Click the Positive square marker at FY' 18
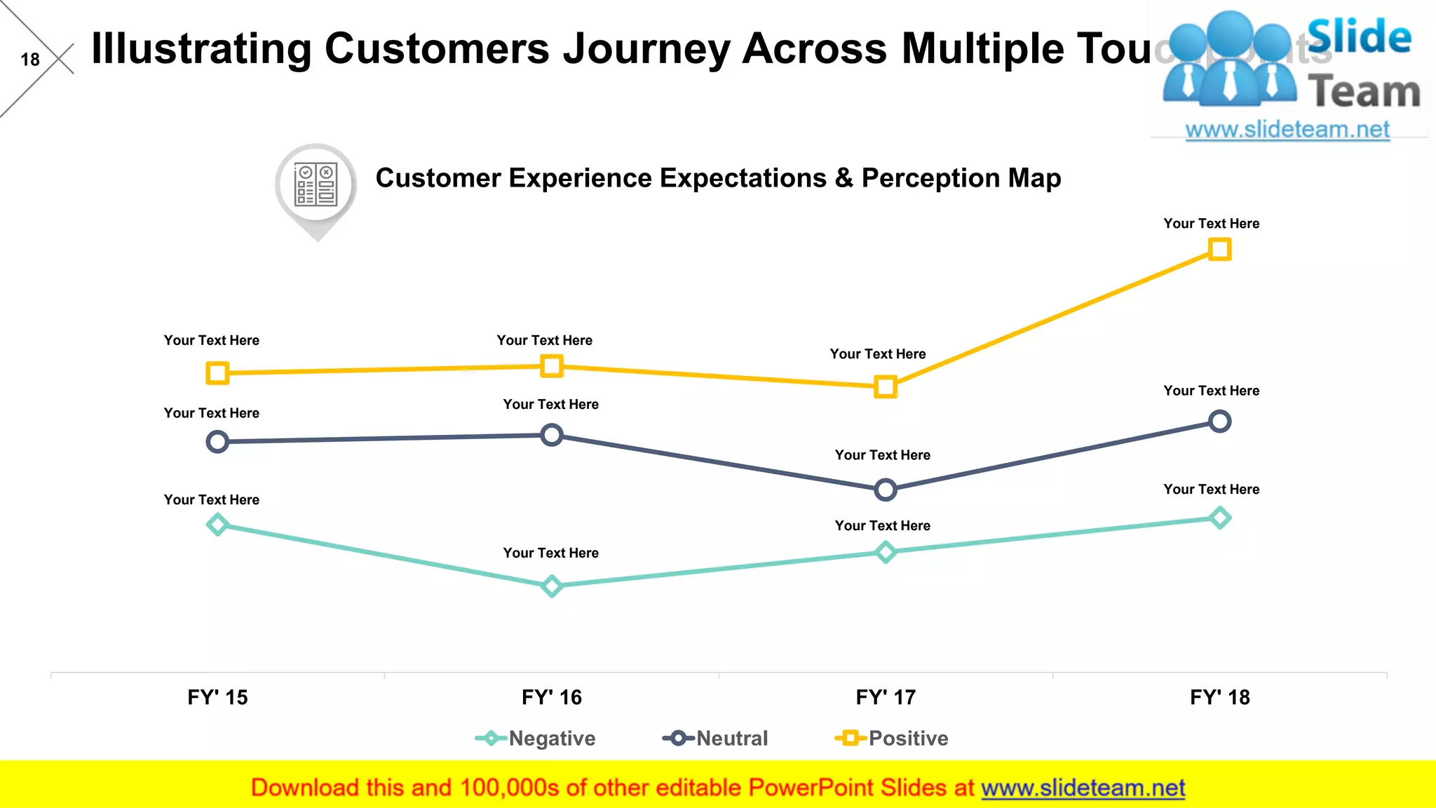[x=1219, y=250]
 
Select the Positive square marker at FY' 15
[x=217, y=372]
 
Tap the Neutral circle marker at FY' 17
[x=886, y=490]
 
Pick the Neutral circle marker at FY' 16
[x=552, y=435]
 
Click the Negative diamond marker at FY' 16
[x=552, y=586]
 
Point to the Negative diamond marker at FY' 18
[x=1220, y=518]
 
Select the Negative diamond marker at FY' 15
[x=217, y=524]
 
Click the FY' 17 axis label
[x=886, y=697]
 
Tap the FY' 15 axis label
[x=217, y=697]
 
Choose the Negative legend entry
[x=536, y=738]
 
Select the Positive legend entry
[x=892, y=738]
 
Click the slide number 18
[x=30, y=60]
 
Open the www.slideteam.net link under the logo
[x=1287, y=130]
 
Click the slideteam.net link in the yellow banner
[x=1083, y=788]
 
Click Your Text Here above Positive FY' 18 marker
[x=1211, y=224]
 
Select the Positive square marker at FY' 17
[x=886, y=386]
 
